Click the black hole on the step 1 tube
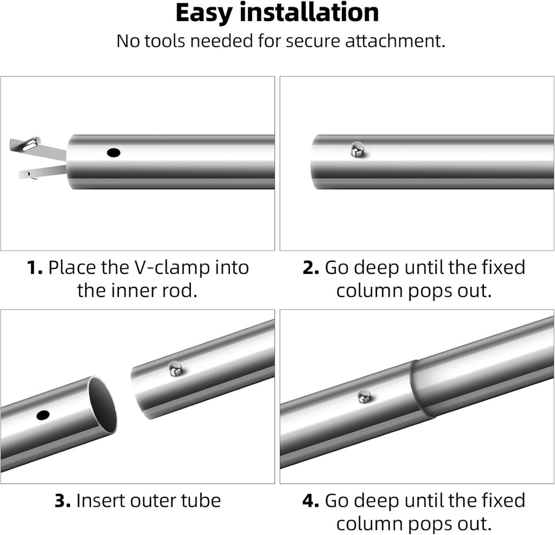point(114,153)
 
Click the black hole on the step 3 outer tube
point(43,415)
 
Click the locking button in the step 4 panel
point(364,396)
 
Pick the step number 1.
point(34,268)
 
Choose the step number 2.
point(311,268)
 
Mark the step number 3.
point(63,501)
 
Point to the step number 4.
point(311,501)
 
